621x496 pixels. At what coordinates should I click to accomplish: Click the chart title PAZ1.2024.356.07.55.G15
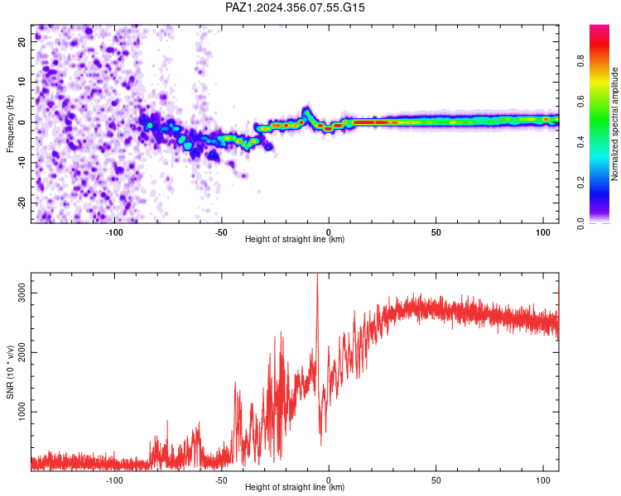point(295,7)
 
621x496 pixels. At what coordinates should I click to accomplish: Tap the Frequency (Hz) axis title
point(10,124)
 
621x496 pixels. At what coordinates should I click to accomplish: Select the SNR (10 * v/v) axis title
point(10,372)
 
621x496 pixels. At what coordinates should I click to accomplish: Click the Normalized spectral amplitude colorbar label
point(614,124)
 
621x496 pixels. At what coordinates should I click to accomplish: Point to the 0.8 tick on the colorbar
point(580,61)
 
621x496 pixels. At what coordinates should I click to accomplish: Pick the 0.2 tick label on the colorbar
point(580,183)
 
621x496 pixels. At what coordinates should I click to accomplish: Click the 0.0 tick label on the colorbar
point(580,223)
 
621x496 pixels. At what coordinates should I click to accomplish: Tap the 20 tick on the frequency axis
point(22,41)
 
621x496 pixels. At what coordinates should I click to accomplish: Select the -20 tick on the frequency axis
point(22,203)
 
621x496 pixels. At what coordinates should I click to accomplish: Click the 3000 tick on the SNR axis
point(22,293)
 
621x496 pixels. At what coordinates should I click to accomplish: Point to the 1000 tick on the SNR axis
point(22,412)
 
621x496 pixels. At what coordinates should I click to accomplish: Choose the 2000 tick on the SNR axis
point(22,352)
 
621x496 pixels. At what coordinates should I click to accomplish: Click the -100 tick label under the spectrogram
point(114,232)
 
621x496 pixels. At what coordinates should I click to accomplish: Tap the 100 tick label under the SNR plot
point(543,480)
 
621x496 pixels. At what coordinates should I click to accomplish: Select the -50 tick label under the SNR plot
point(221,480)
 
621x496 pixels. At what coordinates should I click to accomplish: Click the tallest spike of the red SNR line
point(317,274)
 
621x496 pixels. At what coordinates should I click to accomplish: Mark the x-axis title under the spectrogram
point(295,239)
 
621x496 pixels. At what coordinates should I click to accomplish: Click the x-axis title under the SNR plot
point(295,487)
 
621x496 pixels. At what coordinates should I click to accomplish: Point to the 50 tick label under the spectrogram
point(436,232)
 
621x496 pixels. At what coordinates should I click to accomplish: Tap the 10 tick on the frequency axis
point(22,82)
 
